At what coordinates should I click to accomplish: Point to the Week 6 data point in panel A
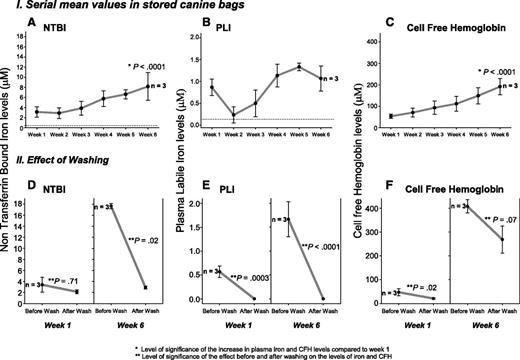click(149, 87)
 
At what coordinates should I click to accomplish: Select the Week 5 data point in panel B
click(297, 67)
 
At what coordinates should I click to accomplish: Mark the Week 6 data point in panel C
click(471, 86)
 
